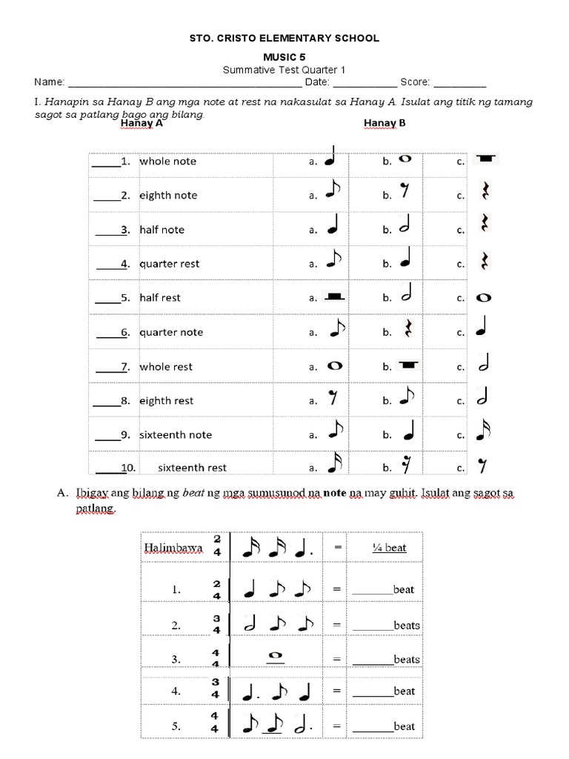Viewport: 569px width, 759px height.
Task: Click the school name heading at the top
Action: (284, 38)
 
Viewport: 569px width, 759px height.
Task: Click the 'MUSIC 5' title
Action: (284, 57)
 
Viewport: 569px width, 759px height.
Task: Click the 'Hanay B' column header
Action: (385, 124)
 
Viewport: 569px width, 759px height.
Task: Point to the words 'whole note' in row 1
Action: (167, 161)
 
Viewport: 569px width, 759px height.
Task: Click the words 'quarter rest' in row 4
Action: (169, 264)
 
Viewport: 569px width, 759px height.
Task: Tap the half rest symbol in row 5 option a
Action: (335, 297)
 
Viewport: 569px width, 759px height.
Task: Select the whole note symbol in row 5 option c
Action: (484, 298)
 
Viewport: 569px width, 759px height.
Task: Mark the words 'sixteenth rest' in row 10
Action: (192, 468)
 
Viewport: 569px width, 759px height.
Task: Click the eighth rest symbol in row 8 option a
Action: (333, 399)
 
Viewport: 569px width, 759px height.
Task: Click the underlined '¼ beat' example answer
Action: (389, 548)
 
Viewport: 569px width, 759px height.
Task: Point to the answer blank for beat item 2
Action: (373, 626)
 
